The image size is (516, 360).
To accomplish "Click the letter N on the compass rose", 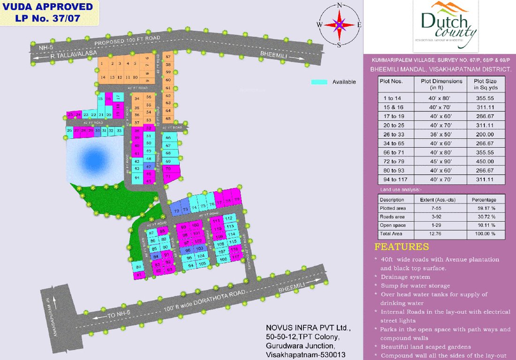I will point(339,6).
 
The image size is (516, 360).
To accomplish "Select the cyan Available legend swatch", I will point(319,82).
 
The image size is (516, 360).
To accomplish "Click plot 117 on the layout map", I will point(235,257).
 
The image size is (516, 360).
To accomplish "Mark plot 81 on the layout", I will point(138,275).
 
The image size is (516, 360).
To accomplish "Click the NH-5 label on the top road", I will point(45,48).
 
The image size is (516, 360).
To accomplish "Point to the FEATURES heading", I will point(402,247).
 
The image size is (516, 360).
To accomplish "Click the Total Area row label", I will point(390,233).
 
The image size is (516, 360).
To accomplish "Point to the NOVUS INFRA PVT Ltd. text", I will point(308,327).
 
